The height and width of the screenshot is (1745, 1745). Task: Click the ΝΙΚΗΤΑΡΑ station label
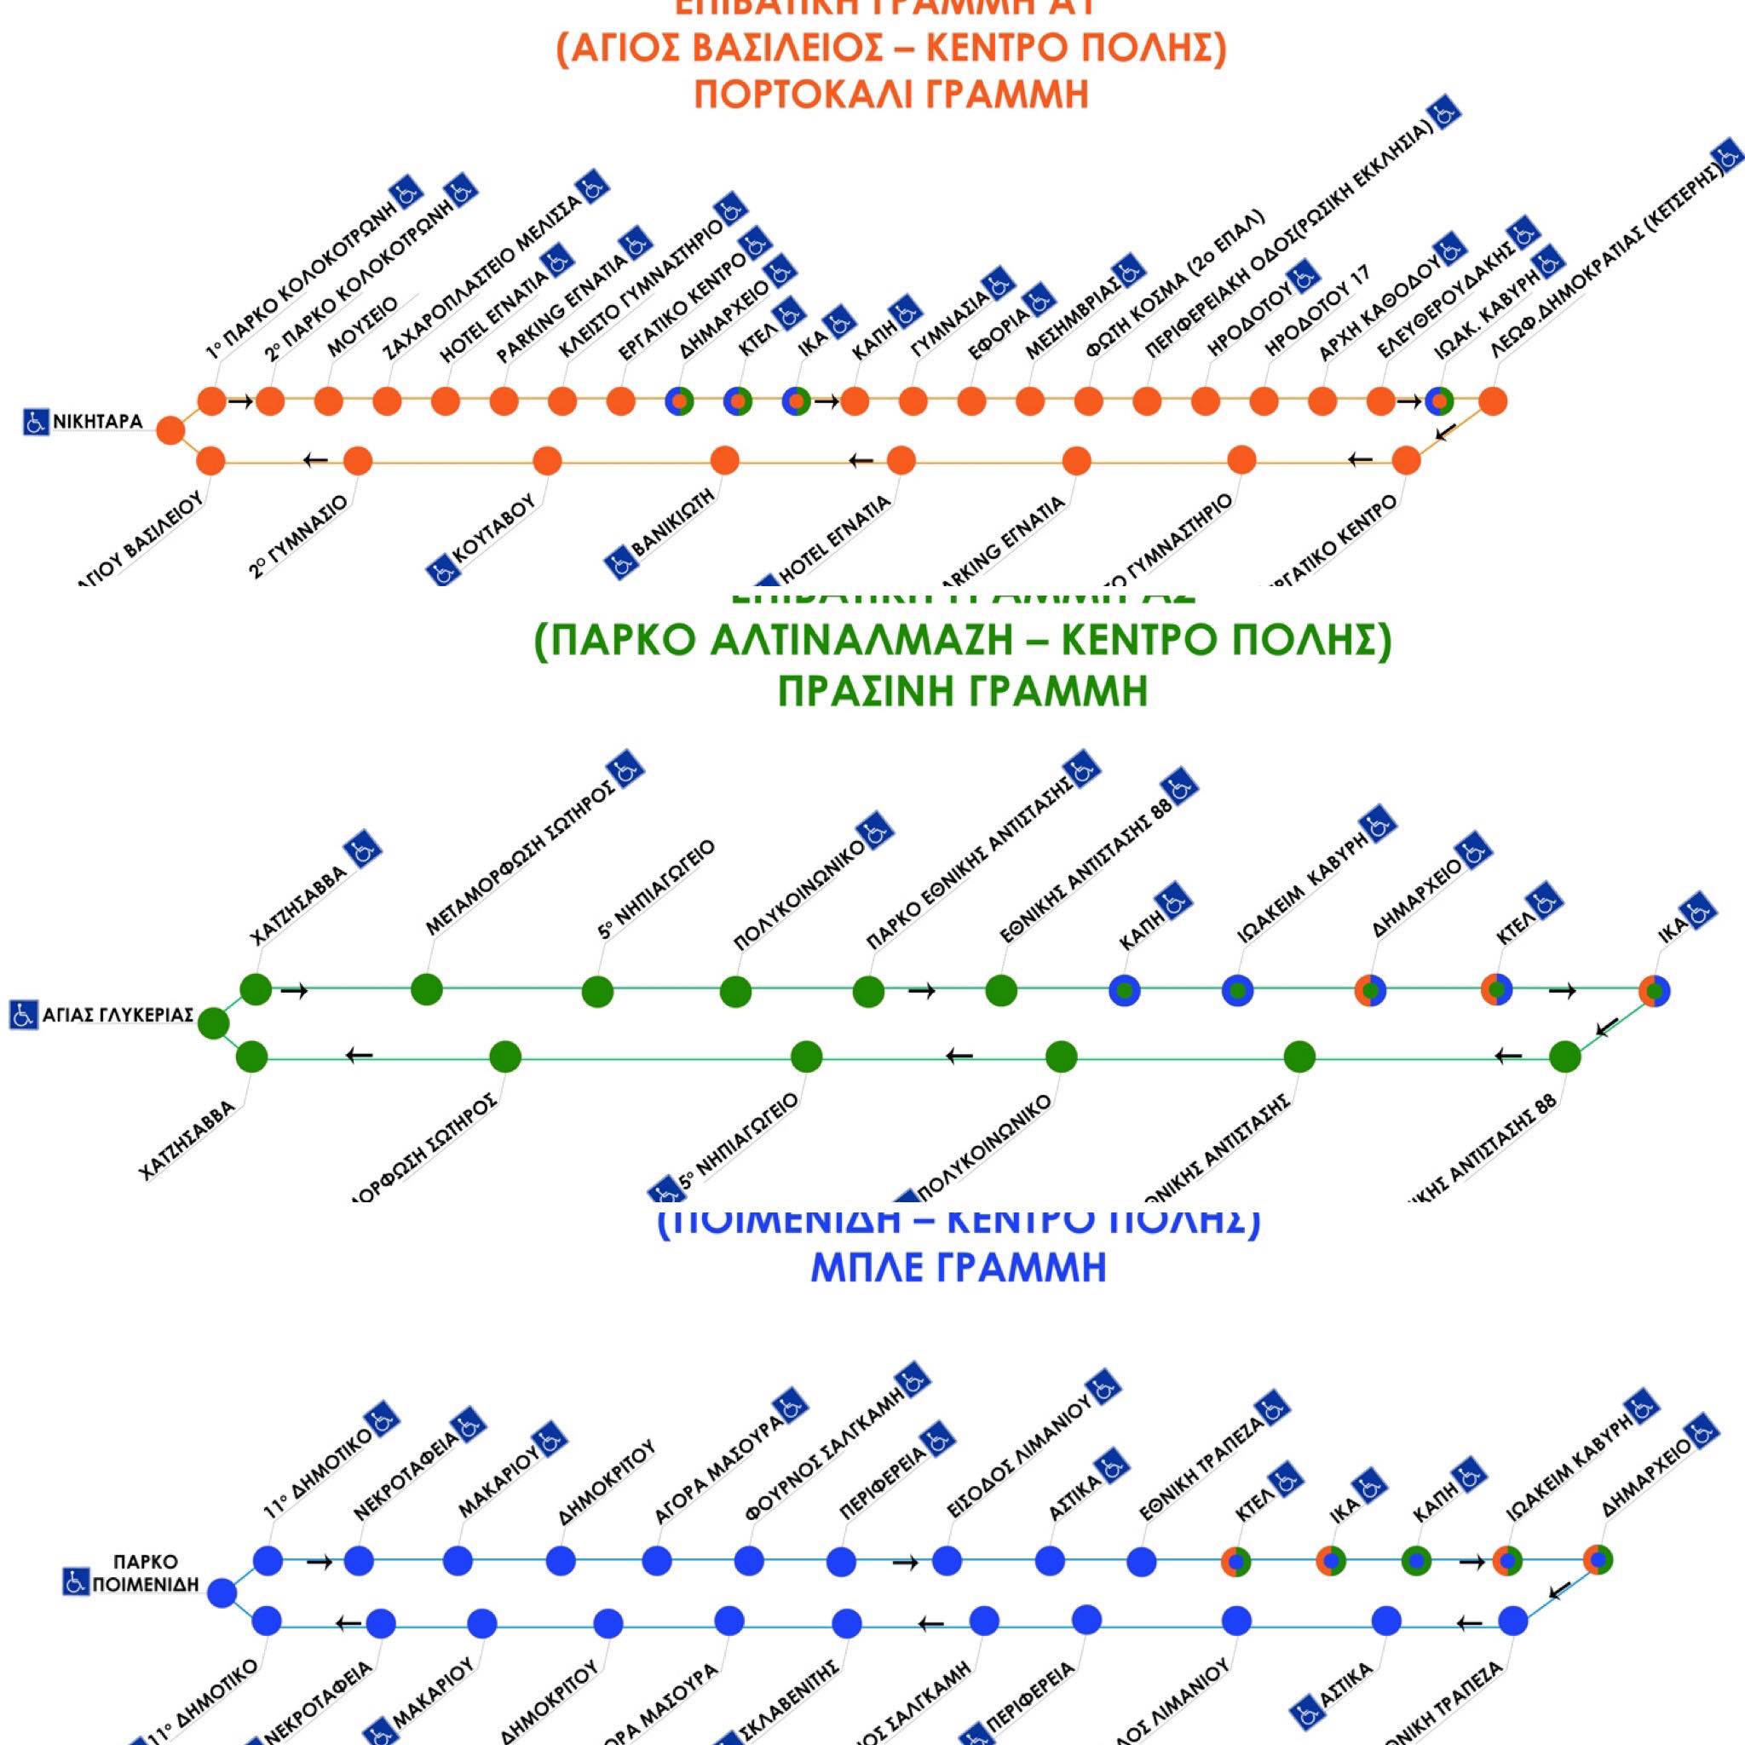coord(97,422)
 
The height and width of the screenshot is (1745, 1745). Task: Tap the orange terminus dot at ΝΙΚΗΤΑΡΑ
coord(170,431)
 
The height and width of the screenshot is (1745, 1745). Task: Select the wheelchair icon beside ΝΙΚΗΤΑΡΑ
coord(36,422)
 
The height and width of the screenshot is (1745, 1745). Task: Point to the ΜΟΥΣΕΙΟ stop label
coord(362,326)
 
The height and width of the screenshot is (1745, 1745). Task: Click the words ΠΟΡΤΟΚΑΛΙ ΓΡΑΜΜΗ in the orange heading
coord(890,94)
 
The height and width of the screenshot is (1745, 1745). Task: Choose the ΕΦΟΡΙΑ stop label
coord(998,335)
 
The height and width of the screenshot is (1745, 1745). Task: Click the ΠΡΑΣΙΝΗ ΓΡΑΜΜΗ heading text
coord(963,691)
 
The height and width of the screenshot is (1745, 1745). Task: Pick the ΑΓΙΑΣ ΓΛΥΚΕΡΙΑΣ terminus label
coord(118,1014)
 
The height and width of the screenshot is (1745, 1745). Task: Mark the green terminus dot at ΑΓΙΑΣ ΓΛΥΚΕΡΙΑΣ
coord(213,1023)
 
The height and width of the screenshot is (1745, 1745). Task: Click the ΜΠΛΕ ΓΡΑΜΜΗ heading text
coord(959,1267)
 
